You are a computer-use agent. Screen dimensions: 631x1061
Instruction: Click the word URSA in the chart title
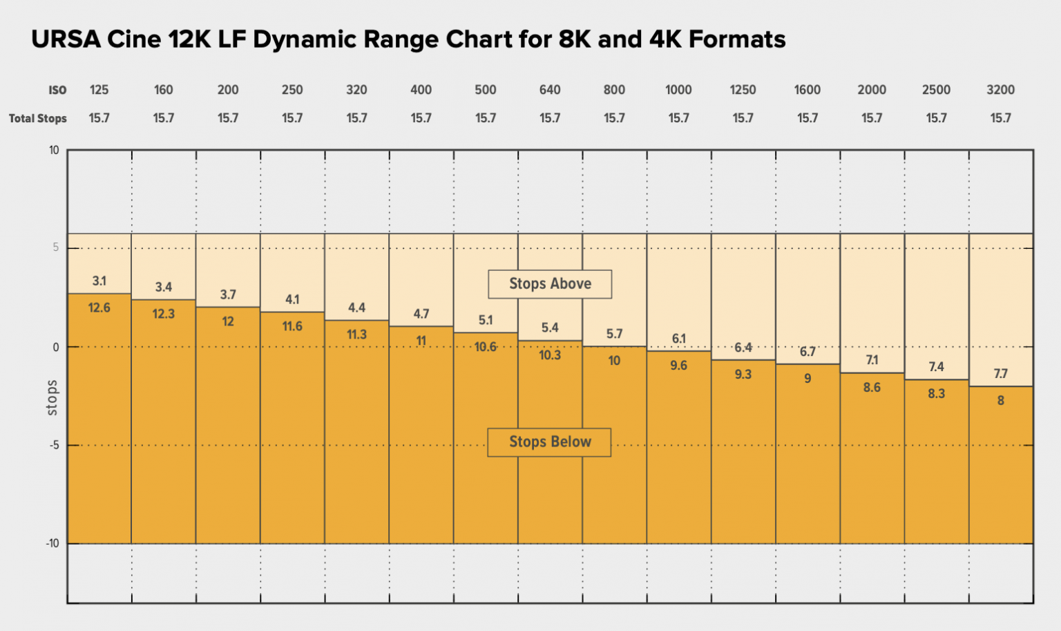[x=65, y=39]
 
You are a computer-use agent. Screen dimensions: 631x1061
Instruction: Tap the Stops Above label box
[x=550, y=284]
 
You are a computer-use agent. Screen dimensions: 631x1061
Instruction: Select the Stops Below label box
[x=549, y=442]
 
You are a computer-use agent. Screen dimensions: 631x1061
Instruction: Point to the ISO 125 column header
[x=99, y=90]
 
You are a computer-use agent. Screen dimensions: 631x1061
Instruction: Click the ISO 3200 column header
[x=1000, y=90]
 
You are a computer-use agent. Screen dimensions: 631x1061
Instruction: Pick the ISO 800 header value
[x=614, y=90]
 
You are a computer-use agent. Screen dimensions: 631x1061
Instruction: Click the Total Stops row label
[x=38, y=119]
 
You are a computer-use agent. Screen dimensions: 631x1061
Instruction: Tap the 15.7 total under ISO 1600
[x=807, y=118]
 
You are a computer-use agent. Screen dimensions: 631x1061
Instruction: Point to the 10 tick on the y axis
[x=54, y=151]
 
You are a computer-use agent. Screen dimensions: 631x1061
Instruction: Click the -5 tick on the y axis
[x=53, y=446]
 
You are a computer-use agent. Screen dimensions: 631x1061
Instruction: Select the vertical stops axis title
[x=52, y=398]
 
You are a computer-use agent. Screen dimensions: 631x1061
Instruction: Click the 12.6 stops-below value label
[x=99, y=308]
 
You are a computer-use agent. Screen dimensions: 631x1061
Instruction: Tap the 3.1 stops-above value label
[x=99, y=281]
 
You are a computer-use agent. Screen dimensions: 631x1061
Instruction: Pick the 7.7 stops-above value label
[x=1000, y=374]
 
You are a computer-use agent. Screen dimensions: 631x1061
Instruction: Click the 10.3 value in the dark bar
[x=550, y=355]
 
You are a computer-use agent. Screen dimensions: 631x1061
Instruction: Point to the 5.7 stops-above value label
[x=614, y=335]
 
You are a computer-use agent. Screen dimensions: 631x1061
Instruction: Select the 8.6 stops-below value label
[x=872, y=388]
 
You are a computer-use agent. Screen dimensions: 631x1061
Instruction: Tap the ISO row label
[x=57, y=91]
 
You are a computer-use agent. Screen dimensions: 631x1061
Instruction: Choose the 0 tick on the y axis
[x=56, y=348]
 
